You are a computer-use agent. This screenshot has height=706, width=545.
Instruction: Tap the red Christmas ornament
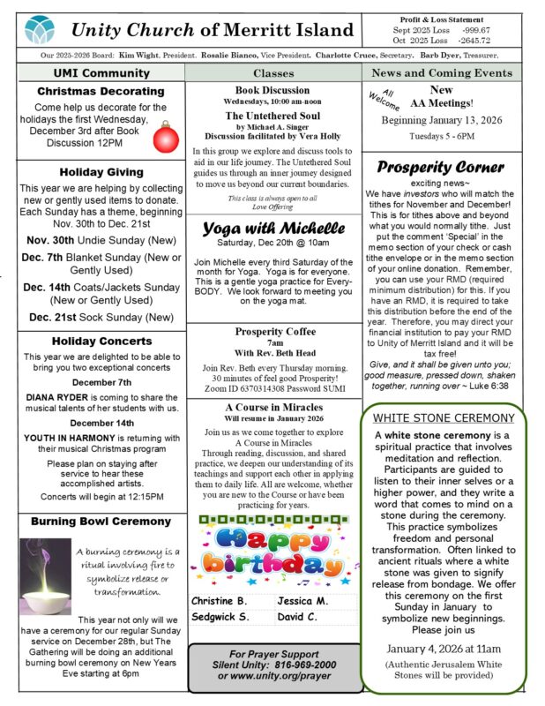(166, 137)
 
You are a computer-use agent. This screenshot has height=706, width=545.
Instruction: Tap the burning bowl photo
(45, 564)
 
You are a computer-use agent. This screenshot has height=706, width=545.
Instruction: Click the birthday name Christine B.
(220, 600)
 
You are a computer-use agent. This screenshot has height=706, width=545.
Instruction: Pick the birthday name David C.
(298, 616)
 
